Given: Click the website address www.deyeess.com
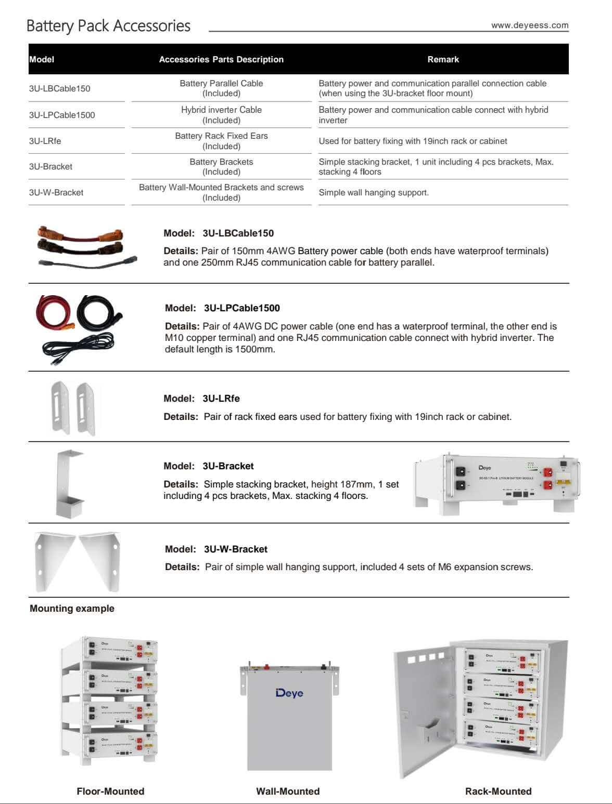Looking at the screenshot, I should point(529,25).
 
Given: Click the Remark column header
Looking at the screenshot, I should point(443,59).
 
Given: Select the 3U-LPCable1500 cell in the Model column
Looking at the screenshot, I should point(62,115).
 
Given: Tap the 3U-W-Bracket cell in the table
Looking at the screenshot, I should point(56,192).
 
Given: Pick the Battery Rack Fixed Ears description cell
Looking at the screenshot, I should point(221,141).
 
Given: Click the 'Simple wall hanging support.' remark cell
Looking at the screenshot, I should point(374,192).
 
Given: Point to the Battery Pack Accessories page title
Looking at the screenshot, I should point(108,25).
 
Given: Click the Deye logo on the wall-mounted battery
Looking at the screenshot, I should point(289,693).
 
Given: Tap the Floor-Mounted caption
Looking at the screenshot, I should point(110,791).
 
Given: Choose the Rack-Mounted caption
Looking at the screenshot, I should point(498,791).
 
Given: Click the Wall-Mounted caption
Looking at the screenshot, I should point(288,791).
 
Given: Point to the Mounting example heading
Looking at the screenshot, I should point(72,608).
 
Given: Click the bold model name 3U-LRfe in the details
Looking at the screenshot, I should point(221,399).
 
